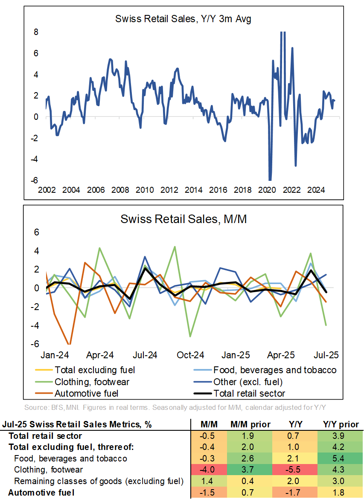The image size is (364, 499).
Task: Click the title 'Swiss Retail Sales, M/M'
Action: coord(184,219)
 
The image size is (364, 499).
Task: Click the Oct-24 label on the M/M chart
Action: coord(190,355)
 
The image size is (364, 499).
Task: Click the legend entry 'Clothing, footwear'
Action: coord(92,382)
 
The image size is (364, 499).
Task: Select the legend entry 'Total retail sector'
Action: coord(249,393)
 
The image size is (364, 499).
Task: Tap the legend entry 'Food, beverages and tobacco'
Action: coord(275,370)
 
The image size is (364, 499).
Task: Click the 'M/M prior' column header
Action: coord(251,425)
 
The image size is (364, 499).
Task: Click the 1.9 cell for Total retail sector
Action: coord(251,436)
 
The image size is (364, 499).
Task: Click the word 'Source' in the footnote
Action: coord(35,407)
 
